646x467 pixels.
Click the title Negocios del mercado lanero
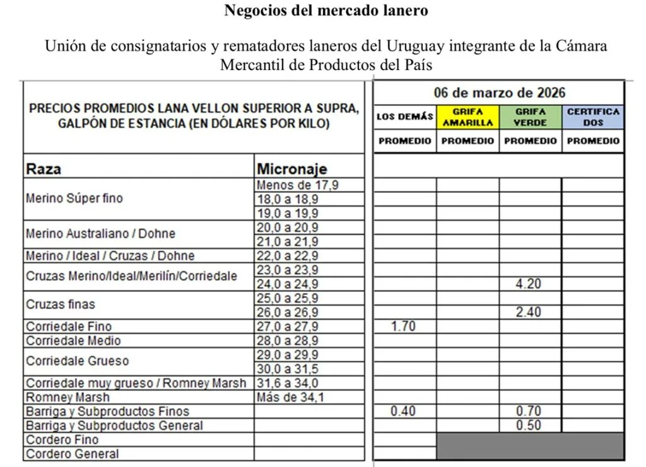pos(326,11)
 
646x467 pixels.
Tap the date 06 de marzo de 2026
pos(499,93)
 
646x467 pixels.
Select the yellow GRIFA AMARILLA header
pos(467,117)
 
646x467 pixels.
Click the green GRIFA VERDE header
pos(530,117)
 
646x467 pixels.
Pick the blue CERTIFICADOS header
pos(593,117)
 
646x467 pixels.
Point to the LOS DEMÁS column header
pos(405,117)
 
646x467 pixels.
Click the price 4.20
pos(528,284)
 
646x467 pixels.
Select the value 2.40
pos(528,313)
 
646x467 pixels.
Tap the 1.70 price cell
pos(404,326)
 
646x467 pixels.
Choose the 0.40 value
pos(404,412)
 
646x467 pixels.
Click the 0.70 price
pos(528,412)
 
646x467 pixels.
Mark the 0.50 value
pos(528,425)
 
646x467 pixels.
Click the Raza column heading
pos(44,169)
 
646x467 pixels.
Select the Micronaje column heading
pos(291,169)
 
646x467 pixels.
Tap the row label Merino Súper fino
pos(74,199)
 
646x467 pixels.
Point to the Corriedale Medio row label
pos(73,341)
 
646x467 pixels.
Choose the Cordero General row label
pos(72,454)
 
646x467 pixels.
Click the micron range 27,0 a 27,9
pos(288,326)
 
